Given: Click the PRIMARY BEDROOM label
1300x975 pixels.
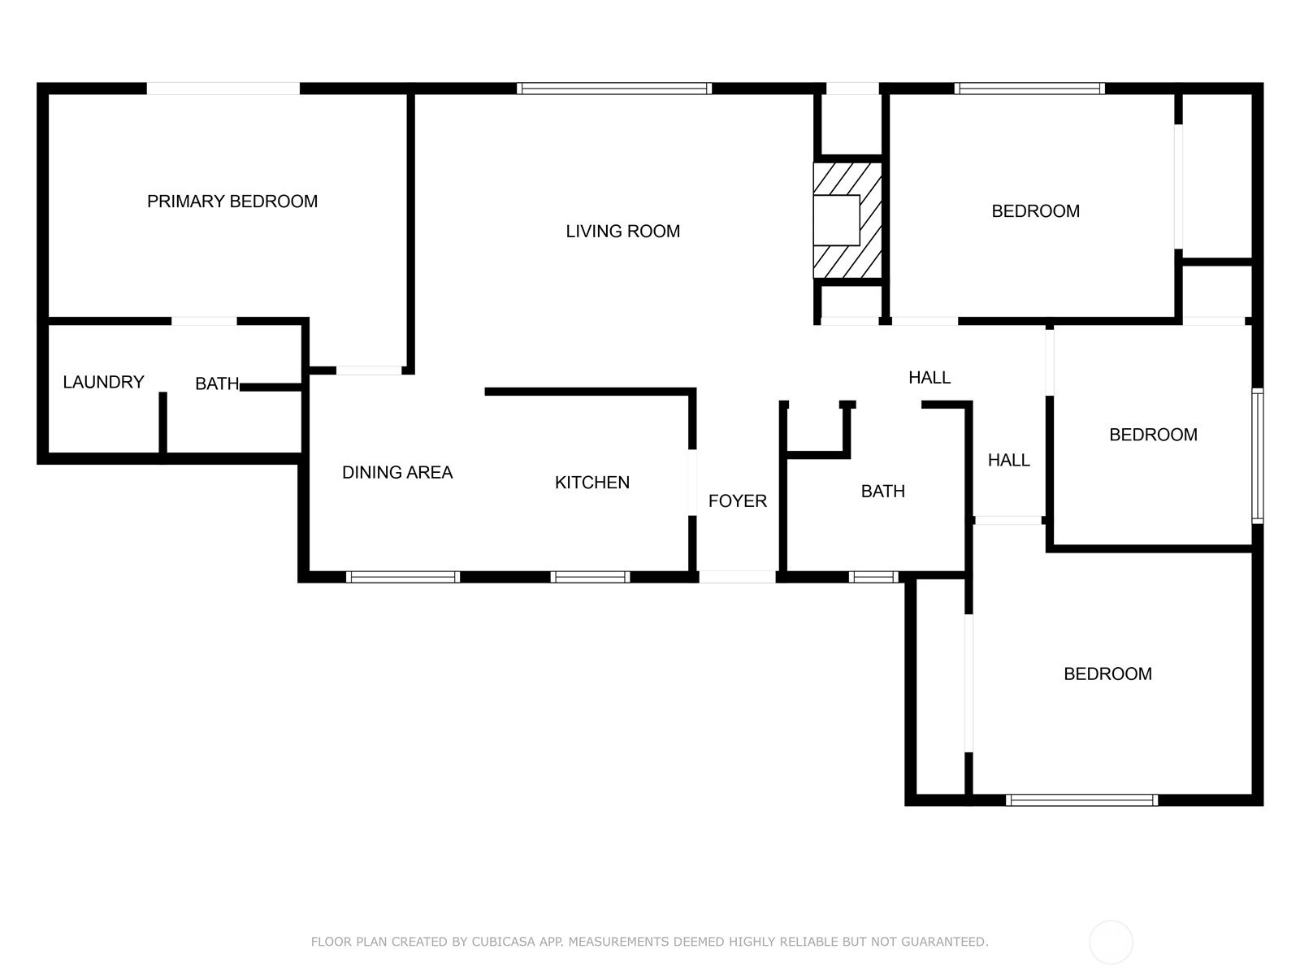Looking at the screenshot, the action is pyautogui.click(x=232, y=201).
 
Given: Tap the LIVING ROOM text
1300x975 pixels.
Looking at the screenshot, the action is pyautogui.click(x=622, y=231).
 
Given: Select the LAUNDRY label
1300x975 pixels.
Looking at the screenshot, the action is pyautogui.click(x=104, y=382).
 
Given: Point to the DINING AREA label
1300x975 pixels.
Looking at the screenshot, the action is pyautogui.click(x=397, y=472).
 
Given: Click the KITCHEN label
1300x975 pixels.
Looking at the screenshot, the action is pyautogui.click(x=592, y=483).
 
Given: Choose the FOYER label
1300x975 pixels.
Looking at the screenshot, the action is pyautogui.click(x=738, y=500).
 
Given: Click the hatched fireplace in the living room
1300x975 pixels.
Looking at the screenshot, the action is pyautogui.click(x=847, y=220).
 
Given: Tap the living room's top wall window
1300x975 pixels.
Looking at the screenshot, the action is pyautogui.click(x=614, y=89).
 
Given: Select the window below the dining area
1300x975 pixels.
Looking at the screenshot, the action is pyautogui.click(x=403, y=577).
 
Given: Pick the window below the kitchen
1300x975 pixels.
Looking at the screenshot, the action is pyautogui.click(x=590, y=577).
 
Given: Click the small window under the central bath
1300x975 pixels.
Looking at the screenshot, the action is pyautogui.click(x=873, y=577).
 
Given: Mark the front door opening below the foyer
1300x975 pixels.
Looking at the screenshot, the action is pyautogui.click(x=738, y=577).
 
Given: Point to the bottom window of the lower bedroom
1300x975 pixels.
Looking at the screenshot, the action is pyautogui.click(x=1081, y=800).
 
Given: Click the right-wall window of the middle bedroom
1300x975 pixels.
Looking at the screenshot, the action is pyautogui.click(x=1258, y=456).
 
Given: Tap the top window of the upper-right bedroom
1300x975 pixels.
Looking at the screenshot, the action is pyautogui.click(x=1029, y=89).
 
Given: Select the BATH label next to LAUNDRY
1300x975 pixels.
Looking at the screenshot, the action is pyautogui.click(x=218, y=383).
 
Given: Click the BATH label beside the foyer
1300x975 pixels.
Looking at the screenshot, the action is pyautogui.click(x=882, y=492).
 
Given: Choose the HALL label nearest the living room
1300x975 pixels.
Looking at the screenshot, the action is pyautogui.click(x=929, y=377).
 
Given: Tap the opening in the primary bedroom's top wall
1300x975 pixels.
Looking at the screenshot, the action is pyautogui.click(x=223, y=89).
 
